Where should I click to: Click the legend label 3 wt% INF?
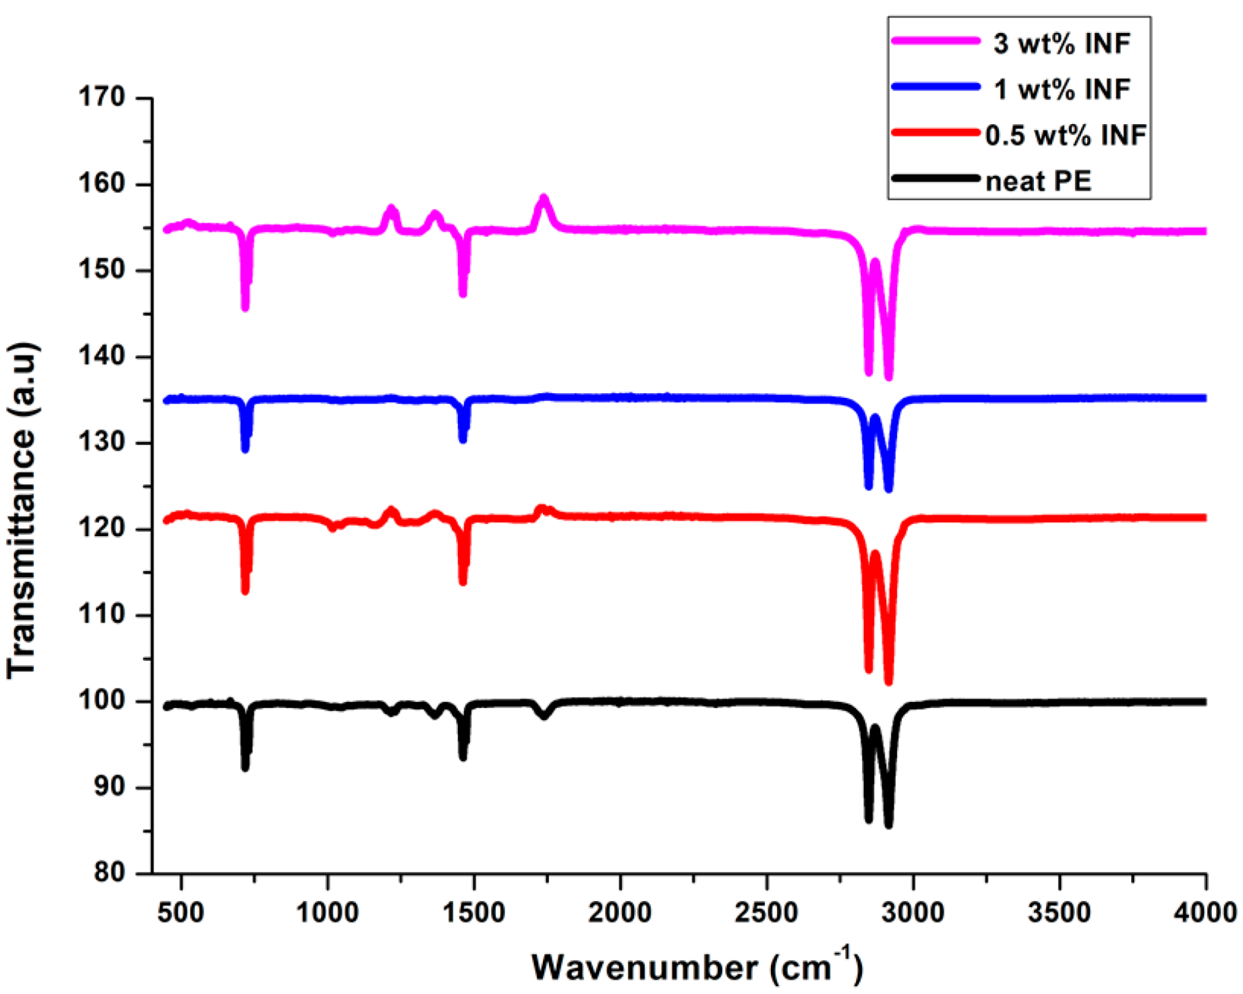pos(1062,44)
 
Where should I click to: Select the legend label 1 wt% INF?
pos(1062,89)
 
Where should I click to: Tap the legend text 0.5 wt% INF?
pos(1066,135)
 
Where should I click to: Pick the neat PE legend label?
pos(1038,181)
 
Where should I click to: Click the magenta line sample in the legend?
pos(935,40)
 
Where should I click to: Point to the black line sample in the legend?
pos(935,179)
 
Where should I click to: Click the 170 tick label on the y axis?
pos(103,97)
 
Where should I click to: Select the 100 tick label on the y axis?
pos(103,701)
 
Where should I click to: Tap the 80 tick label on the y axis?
pos(110,873)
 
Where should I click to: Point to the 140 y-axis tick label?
pos(103,356)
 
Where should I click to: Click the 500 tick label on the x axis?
pos(180,913)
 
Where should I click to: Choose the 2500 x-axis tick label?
pos(766,913)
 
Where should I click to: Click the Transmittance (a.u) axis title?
pos(22,511)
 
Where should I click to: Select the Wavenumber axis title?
pos(696,967)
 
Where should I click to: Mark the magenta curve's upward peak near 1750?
pos(544,200)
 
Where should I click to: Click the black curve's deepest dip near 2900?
pos(888,824)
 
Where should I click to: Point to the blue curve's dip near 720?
pos(245,449)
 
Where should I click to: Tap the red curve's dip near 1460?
pos(463,581)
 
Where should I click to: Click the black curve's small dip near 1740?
pos(544,716)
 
